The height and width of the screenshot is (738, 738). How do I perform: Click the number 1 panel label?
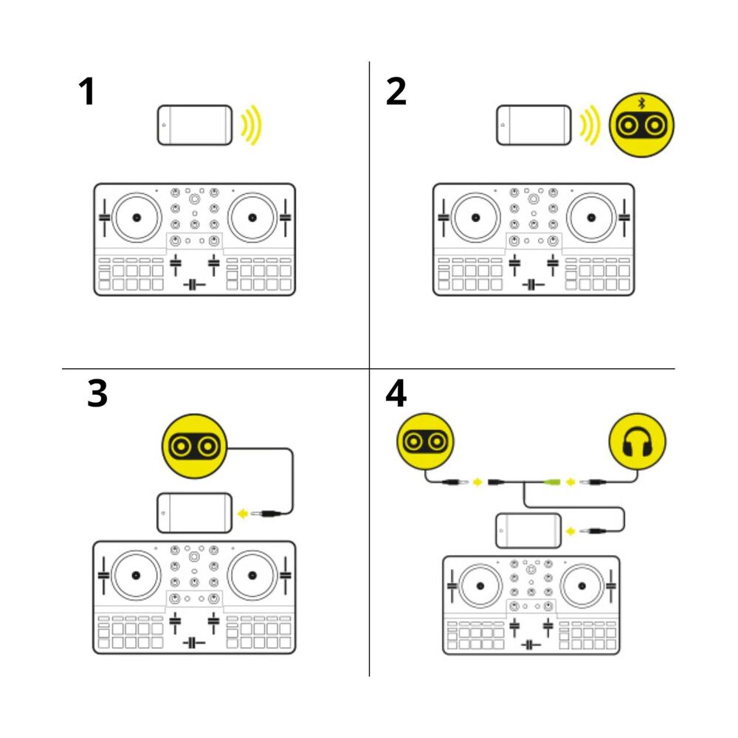tap(87, 92)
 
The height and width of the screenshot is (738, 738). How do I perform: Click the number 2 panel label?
tap(396, 92)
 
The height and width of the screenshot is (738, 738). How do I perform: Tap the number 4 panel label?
tap(396, 395)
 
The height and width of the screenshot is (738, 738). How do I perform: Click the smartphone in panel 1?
tap(195, 125)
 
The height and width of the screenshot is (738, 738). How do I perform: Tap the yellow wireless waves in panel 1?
tap(252, 125)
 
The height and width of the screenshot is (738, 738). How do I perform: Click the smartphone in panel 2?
tap(534, 125)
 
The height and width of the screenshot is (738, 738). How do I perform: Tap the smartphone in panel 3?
tap(194, 512)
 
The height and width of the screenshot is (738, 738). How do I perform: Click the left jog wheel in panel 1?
tap(136, 217)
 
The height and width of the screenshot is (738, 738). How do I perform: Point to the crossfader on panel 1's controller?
tap(194, 285)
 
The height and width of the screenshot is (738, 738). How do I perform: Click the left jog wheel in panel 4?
tap(480, 585)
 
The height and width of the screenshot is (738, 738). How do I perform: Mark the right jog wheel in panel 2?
tap(591, 217)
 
